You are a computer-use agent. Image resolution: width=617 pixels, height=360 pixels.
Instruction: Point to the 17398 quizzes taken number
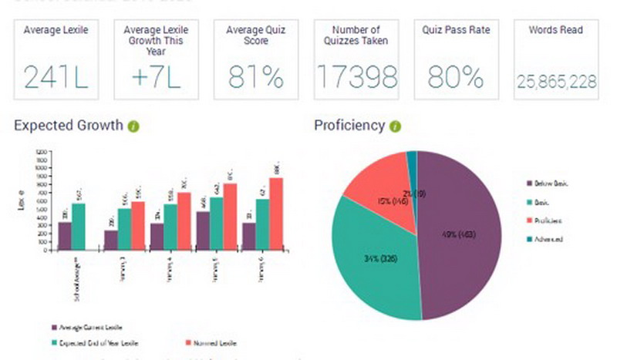coord(357,77)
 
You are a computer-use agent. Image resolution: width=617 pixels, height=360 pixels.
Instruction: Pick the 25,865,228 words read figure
coord(556,80)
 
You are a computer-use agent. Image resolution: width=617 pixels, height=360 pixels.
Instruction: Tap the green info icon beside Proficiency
coord(395,126)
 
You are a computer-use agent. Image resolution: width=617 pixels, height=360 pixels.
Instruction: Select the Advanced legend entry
coord(548,239)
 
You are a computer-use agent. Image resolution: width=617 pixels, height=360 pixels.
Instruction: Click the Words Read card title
coord(556,30)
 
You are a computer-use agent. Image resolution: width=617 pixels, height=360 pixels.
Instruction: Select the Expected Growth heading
coord(68,126)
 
